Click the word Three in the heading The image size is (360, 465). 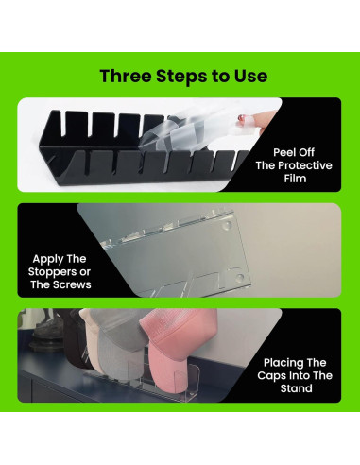[x=126, y=76]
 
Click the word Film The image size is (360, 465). [x=295, y=179]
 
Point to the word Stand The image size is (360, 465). [x=296, y=388]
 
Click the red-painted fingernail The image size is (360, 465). [x=242, y=118]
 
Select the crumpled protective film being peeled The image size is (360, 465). [x=177, y=132]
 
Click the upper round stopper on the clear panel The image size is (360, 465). [x=226, y=225]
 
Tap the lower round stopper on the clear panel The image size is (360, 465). [x=239, y=277]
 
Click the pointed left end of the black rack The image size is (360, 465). [x=40, y=146]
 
